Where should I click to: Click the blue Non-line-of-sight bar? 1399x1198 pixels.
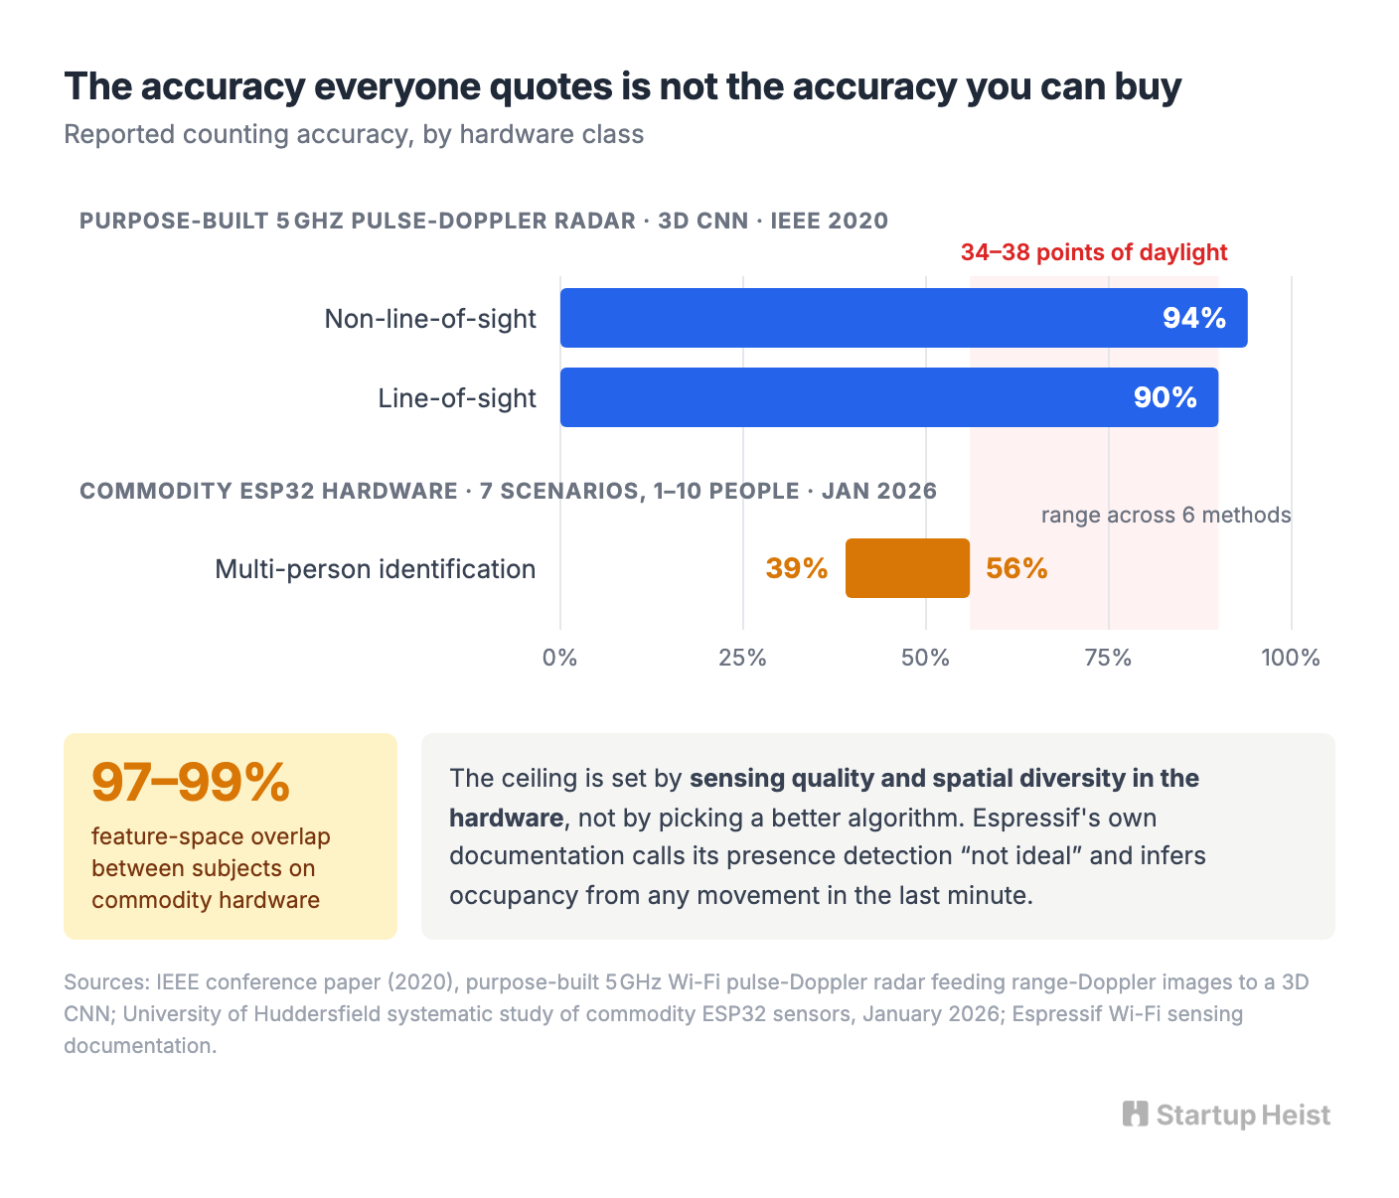[x=903, y=318]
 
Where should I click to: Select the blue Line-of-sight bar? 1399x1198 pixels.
[x=888, y=396]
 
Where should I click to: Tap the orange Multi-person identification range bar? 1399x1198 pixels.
[x=907, y=568]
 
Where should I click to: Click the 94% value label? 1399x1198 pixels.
[x=1194, y=318]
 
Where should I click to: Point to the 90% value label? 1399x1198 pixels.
[x=1165, y=397]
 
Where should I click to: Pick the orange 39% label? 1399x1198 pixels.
[x=797, y=568]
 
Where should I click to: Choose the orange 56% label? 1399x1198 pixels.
[x=1016, y=568]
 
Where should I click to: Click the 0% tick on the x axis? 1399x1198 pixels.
[x=559, y=658]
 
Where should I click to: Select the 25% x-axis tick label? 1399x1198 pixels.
[x=742, y=658]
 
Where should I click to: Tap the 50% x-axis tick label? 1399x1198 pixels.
[x=925, y=658]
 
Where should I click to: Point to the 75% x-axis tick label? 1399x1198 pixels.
[x=1108, y=658]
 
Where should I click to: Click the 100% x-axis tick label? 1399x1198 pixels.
[x=1291, y=658]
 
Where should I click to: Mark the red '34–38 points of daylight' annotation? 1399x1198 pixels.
[x=1094, y=251]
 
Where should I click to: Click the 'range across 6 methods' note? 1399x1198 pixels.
[x=1166, y=515]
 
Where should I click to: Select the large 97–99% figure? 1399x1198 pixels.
[x=190, y=782]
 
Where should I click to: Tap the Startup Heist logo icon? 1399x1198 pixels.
[x=1135, y=1114]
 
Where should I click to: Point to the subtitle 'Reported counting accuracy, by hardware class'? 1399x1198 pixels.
[x=354, y=134]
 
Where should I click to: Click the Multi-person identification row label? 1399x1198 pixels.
[x=375, y=568]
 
